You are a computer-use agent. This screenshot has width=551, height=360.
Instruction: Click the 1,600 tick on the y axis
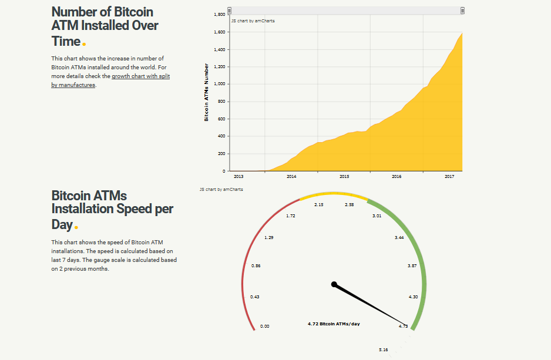220,32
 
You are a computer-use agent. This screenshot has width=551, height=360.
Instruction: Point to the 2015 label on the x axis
344,176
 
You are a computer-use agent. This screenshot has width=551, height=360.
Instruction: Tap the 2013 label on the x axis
238,176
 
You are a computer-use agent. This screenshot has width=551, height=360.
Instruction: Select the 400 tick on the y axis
221,136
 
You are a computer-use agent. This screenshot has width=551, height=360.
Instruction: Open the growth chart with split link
140,76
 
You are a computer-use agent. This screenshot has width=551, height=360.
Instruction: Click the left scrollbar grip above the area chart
230,11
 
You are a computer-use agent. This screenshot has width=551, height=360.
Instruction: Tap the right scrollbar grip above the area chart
463,11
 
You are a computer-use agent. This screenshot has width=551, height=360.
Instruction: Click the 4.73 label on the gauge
403,326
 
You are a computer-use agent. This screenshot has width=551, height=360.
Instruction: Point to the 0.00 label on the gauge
264,326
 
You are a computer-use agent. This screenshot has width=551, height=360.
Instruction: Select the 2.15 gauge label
319,205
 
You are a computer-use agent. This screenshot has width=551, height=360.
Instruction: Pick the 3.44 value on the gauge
399,238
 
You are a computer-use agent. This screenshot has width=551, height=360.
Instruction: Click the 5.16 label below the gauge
383,350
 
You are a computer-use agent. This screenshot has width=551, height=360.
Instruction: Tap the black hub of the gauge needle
334,284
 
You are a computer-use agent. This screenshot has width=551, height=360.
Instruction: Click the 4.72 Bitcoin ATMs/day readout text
334,324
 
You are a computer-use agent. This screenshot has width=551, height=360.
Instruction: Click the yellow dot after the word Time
84,44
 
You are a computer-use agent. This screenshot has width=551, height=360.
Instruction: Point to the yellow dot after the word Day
76,227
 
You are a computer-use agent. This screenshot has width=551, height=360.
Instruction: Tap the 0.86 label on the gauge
256,266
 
